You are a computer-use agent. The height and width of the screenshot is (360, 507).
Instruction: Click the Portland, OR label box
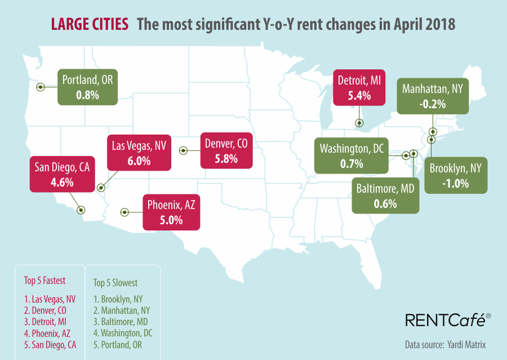coord(87,87)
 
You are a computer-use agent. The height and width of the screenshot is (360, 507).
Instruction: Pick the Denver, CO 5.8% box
coord(226,151)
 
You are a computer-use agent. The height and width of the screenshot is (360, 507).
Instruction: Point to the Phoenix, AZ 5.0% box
coord(171,212)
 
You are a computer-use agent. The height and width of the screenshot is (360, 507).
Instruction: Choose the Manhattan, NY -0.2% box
coord(432,95)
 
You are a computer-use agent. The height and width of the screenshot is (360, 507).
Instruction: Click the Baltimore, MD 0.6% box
coord(385,195)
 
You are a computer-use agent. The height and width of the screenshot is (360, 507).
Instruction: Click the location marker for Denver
coord(183,150)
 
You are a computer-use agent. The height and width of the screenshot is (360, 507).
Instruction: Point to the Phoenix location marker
coord(124,212)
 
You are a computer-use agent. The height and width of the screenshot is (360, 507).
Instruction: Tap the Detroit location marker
coord(359,123)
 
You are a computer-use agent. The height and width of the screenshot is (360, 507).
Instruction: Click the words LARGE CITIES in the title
coord(90,25)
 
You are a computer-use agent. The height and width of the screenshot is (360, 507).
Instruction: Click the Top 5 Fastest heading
coord(45,281)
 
